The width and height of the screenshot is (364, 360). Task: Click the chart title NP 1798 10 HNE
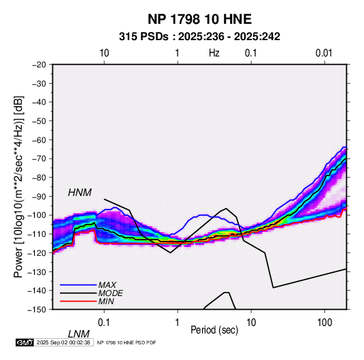pyautogui.click(x=199, y=19)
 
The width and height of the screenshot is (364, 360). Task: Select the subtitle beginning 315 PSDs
pyautogui.click(x=199, y=37)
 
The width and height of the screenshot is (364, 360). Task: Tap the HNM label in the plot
pyautogui.click(x=80, y=193)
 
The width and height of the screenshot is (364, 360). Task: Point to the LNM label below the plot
pyautogui.click(x=79, y=334)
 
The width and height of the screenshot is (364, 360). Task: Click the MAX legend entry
pyautogui.click(x=107, y=284)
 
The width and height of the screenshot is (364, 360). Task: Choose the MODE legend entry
pyautogui.click(x=110, y=293)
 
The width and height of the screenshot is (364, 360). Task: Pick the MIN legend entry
pyautogui.click(x=106, y=301)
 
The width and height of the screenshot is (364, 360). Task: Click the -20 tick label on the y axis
pyautogui.click(x=39, y=65)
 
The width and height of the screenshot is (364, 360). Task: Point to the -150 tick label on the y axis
pyautogui.click(x=37, y=309)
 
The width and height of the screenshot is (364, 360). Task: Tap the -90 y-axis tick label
pyautogui.click(x=39, y=196)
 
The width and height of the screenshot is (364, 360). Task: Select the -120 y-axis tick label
pyautogui.click(x=37, y=252)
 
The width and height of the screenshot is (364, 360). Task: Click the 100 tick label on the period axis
pyautogui.click(x=325, y=323)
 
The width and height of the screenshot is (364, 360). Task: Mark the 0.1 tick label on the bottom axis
pyautogui.click(x=104, y=323)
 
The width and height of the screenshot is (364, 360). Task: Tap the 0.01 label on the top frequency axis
pyautogui.click(x=324, y=53)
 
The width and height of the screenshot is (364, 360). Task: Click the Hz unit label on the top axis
pyautogui.click(x=214, y=53)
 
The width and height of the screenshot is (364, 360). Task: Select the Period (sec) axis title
pyautogui.click(x=214, y=330)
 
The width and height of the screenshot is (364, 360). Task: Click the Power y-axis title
pyautogui.click(x=18, y=186)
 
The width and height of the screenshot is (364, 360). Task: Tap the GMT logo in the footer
pyautogui.click(x=24, y=342)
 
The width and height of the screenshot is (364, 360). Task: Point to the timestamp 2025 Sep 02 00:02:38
pyautogui.click(x=63, y=342)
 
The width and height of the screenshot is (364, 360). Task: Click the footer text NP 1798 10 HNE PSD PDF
pyautogui.click(x=127, y=342)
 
